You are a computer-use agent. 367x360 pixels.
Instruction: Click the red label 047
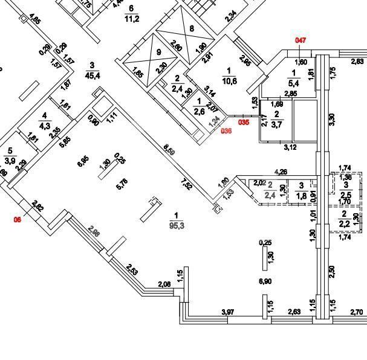tap(301, 40)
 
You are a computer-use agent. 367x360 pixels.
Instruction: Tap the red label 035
tap(243, 122)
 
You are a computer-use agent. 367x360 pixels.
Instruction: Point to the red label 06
tap(17, 220)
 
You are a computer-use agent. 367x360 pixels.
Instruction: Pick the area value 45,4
tap(93, 76)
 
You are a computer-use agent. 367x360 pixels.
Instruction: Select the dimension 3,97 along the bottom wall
tap(227, 312)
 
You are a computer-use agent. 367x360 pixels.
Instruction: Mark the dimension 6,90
tap(265, 281)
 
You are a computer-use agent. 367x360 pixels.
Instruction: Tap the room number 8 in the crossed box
tap(192, 28)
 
